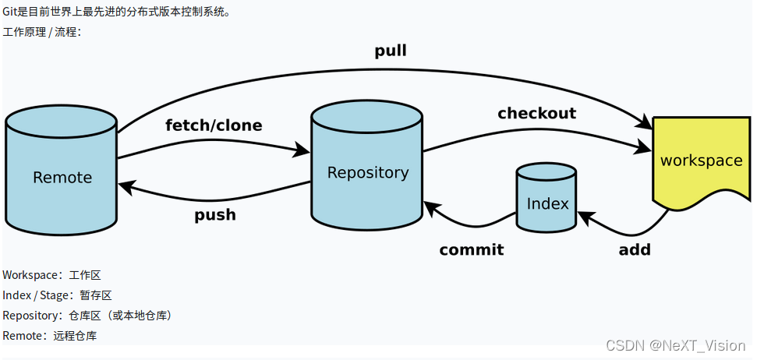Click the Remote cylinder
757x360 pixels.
click(x=62, y=171)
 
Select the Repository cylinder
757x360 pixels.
click(x=367, y=165)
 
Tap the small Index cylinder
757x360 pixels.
click(x=546, y=197)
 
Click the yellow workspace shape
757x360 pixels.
click(x=702, y=161)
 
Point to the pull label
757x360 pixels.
click(x=391, y=51)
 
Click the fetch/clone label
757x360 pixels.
click(x=214, y=125)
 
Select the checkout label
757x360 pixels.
click(x=537, y=113)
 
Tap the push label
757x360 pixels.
click(x=215, y=214)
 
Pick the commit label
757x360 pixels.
click(x=471, y=249)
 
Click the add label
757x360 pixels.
click(x=635, y=249)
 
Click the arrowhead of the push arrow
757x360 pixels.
click(x=126, y=186)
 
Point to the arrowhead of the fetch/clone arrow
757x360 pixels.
click(x=302, y=150)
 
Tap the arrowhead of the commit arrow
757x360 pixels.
click(x=432, y=209)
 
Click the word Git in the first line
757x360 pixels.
click(x=10, y=11)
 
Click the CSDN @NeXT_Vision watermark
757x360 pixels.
click(x=675, y=345)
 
